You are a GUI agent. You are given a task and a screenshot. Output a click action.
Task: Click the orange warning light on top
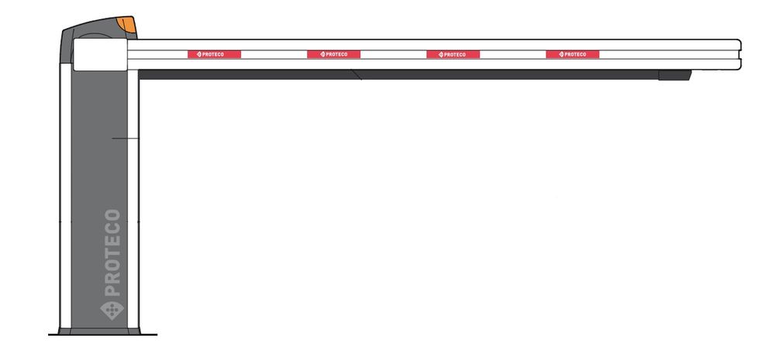tap(127, 24)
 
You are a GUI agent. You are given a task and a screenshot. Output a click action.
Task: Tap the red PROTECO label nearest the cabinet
tap(214, 54)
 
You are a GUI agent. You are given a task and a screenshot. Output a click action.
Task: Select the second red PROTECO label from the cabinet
tap(333, 54)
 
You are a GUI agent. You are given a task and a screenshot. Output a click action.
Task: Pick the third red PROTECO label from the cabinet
tap(453, 54)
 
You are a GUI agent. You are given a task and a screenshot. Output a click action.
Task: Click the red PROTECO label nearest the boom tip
tap(573, 54)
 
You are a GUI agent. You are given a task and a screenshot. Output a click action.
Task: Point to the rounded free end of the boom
tap(739, 54)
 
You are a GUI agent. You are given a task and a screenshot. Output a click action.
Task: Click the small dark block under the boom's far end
tap(675, 75)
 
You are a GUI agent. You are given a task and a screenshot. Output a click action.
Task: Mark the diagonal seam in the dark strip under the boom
tap(356, 74)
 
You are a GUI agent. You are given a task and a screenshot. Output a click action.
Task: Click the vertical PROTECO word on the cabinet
tap(112, 252)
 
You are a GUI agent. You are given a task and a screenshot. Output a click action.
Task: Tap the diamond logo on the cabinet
tap(112, 310)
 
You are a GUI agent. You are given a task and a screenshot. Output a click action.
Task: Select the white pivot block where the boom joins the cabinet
tap(100, 54)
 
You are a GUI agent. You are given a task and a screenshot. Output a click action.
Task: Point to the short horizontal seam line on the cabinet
tap(126, 139)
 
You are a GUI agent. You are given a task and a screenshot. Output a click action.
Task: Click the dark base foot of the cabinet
tap(99, 331)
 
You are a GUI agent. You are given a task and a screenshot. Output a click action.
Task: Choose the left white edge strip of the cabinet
tap(65, 196)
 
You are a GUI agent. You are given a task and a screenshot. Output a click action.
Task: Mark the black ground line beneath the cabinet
tap(102, 334)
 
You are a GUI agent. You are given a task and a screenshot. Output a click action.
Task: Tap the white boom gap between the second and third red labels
tap(394, 54)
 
